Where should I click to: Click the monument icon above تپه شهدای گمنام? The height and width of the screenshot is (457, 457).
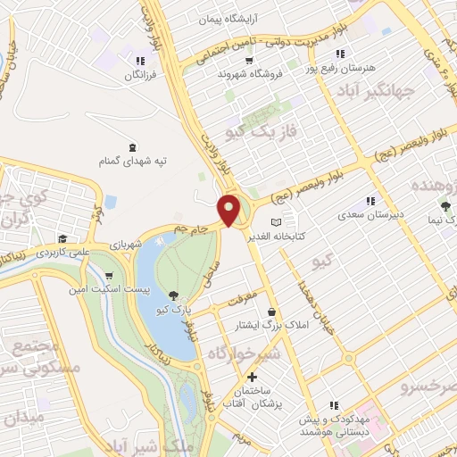tap(133, 146)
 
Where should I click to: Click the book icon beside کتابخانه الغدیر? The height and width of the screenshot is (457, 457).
tap(277, 221)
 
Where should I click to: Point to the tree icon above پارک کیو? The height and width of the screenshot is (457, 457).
tap(172, 295)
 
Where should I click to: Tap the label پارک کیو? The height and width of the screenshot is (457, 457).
tap(172, 309)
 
